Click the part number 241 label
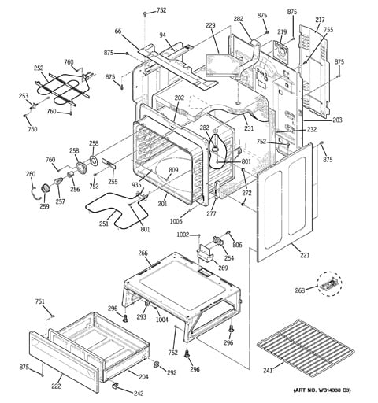(268, 370)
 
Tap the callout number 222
(56, 386)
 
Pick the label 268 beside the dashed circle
(300, 290)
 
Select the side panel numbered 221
(285, 202)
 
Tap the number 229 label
(210, 25)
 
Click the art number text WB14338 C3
(332, 390)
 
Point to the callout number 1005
(176, 221)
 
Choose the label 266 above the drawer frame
(143, 253)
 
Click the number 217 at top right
(320, 20)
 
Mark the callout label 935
(136, 185)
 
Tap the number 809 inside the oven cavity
(173, 170)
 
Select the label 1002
(183, 235)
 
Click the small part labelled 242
(115, 385)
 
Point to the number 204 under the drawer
(143, 377)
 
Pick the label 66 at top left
(118, 31)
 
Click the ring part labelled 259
(46, 189)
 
